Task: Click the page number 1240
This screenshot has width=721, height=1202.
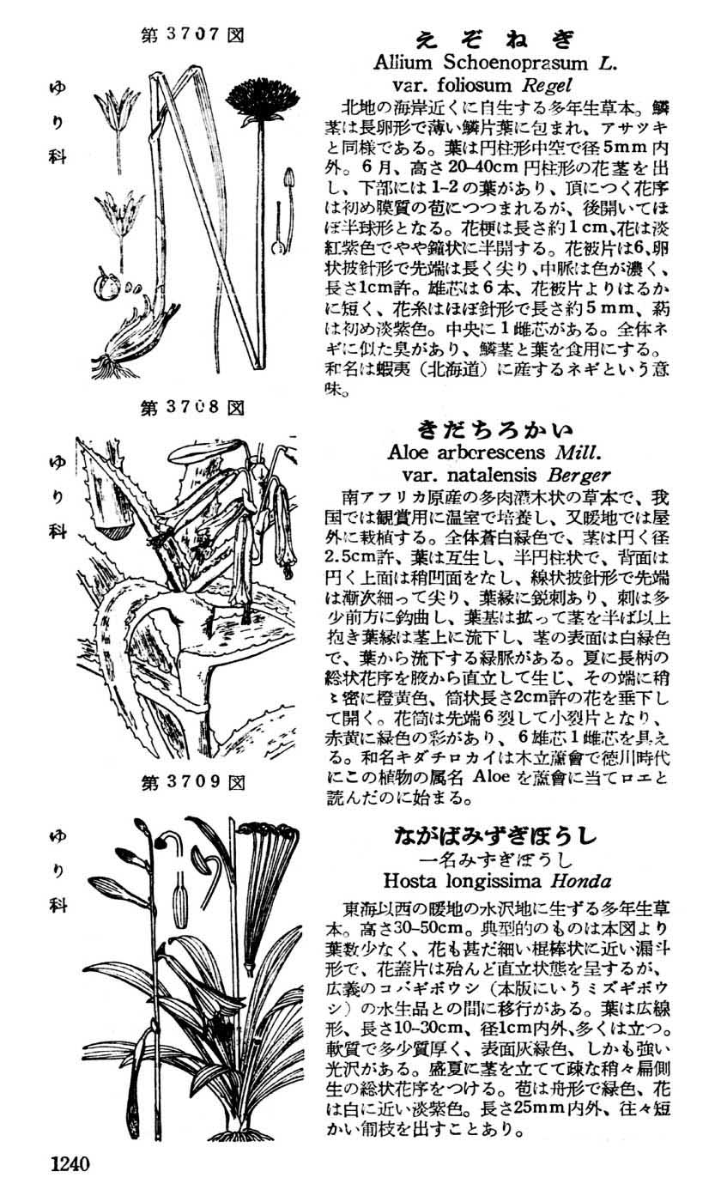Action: pyautogui.click(x=70, y=1164)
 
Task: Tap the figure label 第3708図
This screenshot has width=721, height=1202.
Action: pyautogui.click(x=193, y=407)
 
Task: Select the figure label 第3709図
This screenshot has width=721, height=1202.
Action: pyautogui.click(x=193, y=782)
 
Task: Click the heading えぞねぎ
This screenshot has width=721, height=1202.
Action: pyautogui.click(x=494, y=39)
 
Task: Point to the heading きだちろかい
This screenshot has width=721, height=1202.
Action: pyautogui.click(x=495, y=428)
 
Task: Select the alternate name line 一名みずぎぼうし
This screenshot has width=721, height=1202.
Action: pyautogui.click(x=495, y=859)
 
